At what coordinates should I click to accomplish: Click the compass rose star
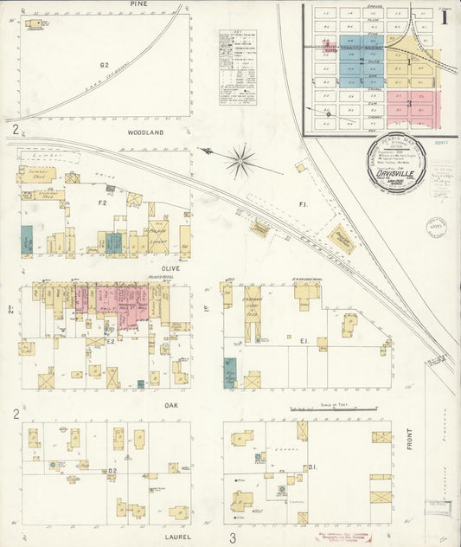tap(241, 158)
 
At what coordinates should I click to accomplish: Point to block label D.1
tap(311, 467)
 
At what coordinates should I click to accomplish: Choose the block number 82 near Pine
tap(104, 64)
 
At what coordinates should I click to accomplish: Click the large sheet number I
tap(445, 16)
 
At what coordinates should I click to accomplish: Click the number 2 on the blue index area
tap(362, 61)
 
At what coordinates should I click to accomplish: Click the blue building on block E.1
tap(228, 372)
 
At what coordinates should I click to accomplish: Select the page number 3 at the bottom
tap(232, 538)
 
